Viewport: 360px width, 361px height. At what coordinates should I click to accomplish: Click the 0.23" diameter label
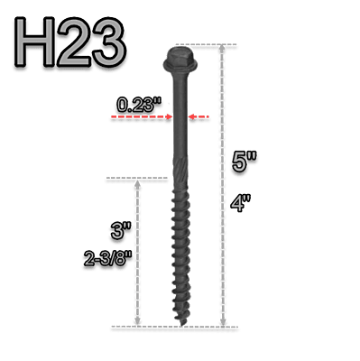(x=140, y=106)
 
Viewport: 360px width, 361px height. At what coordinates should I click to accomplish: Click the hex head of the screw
(x=177, y=58)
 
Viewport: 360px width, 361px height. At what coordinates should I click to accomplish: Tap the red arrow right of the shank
(x=201, y=117)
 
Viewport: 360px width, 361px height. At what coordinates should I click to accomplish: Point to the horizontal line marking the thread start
(x=135, y=180)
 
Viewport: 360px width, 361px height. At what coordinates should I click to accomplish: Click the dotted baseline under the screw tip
(x=180, y=327)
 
